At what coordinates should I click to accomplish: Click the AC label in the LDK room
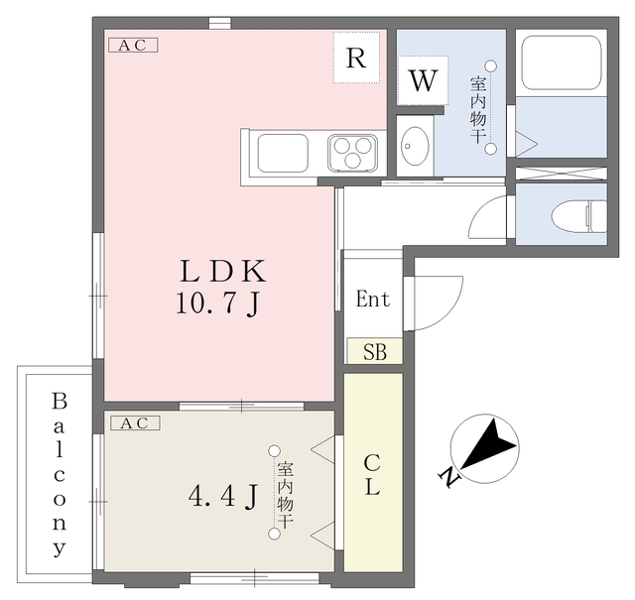point(133,45)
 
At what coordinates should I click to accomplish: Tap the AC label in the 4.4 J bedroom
point(133,423)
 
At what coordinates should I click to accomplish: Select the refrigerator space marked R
point(356,58)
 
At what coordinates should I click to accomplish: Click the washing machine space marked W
point(422,81)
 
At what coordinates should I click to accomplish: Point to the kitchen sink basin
point(283,154)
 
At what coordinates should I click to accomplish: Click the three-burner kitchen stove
point(352,154)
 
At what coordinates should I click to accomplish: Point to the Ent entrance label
point(373,300)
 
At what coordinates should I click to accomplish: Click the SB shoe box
point(374,351)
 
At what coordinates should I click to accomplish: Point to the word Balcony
point(59,474)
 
